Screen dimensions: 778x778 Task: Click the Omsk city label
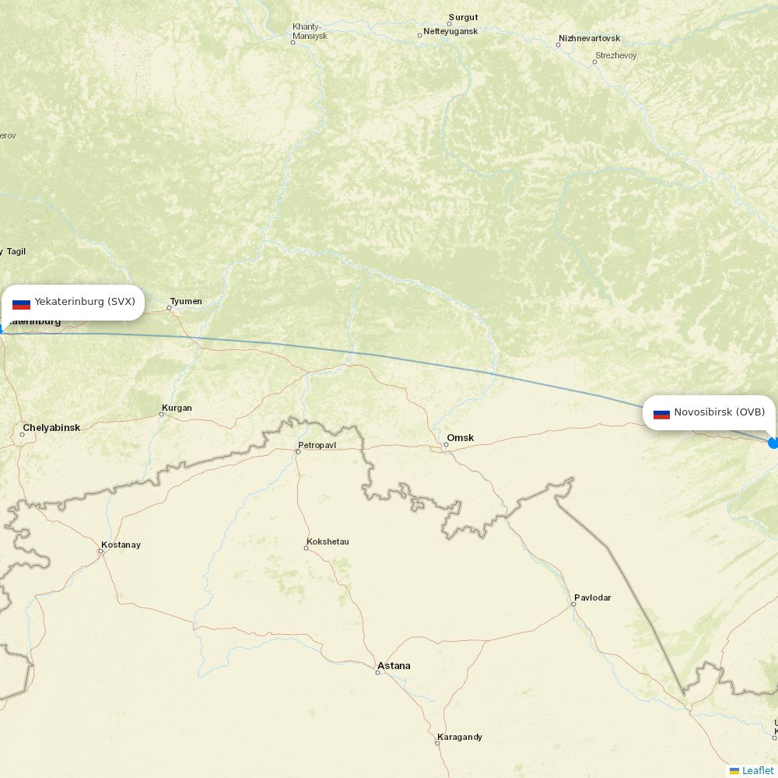click(x=460, y=438)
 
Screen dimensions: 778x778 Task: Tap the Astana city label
click(x=394, y=666)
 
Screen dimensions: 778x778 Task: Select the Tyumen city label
click(x=186, y=301)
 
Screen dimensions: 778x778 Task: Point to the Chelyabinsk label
click(x=51, y=428)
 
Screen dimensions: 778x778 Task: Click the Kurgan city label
click(x=177, y=408)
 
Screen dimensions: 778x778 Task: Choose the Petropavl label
click(x=317, y=446)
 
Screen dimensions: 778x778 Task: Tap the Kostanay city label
click(x=121, y=545)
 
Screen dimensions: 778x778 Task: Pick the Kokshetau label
click(x=328, y=541)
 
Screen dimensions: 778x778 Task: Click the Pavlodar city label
click(x=592, y=598)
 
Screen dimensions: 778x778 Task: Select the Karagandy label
click(x=460, y=737)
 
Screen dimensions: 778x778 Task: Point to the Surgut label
click(x=463, y=17)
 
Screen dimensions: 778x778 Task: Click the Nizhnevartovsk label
click(x=589, y=38)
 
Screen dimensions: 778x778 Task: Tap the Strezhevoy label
click(x=615, y=56)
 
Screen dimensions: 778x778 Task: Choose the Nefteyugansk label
click(x=450, y=31)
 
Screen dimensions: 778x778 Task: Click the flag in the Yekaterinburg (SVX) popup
click(x=21, y=303)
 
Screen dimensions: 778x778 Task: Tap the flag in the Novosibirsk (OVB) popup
click(x=661, y=413)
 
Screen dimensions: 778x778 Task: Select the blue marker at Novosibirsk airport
click(x=773, y=443)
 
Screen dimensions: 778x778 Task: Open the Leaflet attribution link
click(x=757, y=770)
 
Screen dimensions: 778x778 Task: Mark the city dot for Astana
click(x=378, y=672)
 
